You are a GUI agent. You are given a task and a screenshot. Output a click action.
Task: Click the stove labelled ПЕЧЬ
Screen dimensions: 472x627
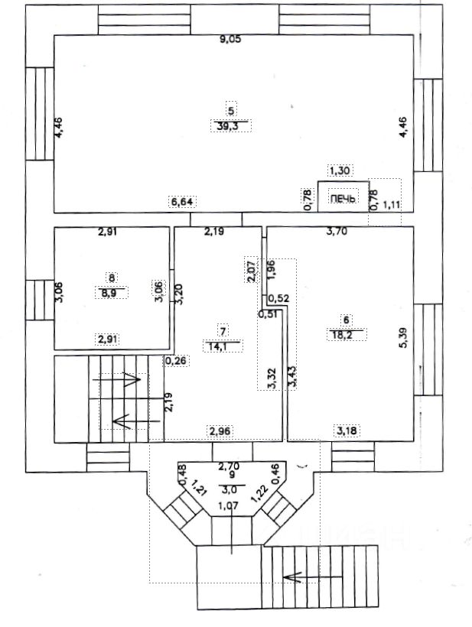tap(343, 197)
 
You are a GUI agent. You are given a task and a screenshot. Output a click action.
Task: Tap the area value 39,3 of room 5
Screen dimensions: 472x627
tap(231, 127)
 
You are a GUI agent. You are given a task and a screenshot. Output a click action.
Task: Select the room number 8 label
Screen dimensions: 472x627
tap(112, 277)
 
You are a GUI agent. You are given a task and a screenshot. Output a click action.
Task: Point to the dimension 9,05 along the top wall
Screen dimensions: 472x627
tap(230, 39)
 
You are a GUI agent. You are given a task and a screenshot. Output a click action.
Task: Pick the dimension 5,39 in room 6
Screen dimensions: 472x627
tap(404, 338)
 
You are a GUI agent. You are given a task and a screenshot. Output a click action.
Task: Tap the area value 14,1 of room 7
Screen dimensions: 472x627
tap(223, 346)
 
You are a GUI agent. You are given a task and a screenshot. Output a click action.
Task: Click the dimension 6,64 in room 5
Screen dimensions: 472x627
tap(182, 202)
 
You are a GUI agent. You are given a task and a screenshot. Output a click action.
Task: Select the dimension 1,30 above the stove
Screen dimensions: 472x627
tap(339, 171)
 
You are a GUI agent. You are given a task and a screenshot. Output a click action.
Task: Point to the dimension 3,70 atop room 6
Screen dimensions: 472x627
tap(337, 231)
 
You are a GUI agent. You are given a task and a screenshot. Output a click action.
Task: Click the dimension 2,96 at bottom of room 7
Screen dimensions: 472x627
tap(220, 431)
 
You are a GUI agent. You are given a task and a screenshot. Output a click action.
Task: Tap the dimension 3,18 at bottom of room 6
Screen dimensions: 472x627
tap(347, 431)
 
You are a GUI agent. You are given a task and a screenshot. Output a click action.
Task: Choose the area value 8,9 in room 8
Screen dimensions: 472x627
tap(112, 293)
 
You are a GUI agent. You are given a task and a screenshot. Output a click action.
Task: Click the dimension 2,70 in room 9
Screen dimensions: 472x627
tap(229, 466)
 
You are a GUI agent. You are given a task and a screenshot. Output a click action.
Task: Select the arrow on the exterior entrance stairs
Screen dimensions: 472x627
tap(312, 577)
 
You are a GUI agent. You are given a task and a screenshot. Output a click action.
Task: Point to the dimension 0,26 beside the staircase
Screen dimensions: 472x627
tap(176, 361)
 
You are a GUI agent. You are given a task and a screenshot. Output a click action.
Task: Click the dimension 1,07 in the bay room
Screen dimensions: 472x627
tap(229, 506)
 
